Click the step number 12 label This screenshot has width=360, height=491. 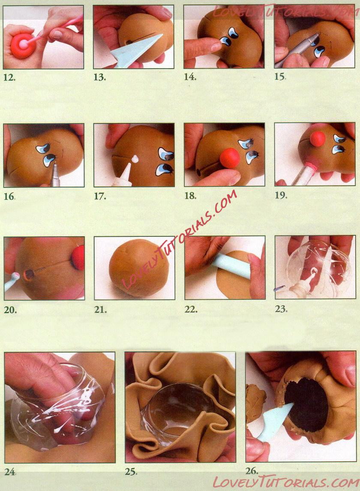[9, 78]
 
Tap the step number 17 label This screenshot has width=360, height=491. [100, 197]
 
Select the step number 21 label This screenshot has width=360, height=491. [100, 310]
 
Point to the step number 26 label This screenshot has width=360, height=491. [252, 470]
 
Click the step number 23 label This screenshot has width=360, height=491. [281, 309]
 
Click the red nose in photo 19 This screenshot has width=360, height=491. [318, 139]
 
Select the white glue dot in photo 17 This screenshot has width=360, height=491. [135, 159]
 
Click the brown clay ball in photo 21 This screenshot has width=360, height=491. [139, 268]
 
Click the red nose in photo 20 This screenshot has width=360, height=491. [78, 257]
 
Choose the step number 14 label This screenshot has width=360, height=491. [190, 77]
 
